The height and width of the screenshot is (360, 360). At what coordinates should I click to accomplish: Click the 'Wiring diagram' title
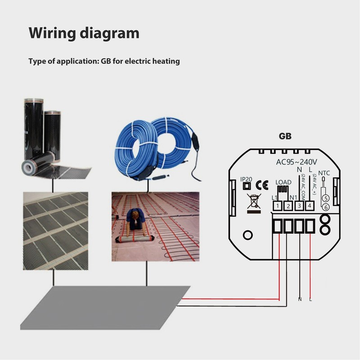(84, 33)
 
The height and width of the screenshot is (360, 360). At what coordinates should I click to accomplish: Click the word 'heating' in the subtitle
(165, 61)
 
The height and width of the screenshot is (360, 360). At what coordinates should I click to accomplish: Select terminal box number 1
(278, 206)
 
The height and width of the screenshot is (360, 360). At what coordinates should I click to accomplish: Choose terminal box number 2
(288, 206)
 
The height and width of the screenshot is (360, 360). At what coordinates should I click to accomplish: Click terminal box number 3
(299, 206)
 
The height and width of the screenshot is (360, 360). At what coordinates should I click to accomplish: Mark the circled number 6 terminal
(325, 207)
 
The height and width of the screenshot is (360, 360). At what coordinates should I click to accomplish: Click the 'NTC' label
(324, 172)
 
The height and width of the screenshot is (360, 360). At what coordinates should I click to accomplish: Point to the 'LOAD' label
(283, 182)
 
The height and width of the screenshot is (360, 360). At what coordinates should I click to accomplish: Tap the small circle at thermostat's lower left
(247, 234)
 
